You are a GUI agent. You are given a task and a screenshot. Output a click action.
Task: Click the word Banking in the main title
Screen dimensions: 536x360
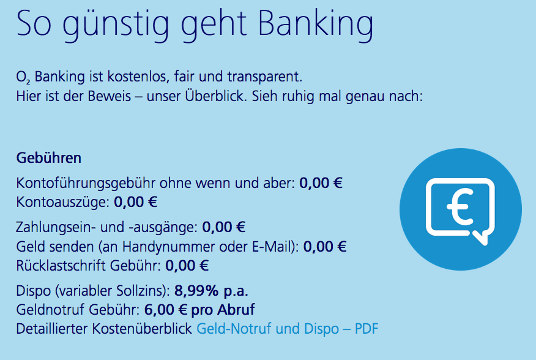[x=316, y=24]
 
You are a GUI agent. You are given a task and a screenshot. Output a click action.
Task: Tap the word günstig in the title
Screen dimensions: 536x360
[x=116, y=24]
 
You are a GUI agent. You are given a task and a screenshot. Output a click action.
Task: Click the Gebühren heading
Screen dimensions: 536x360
[x=49, y=158]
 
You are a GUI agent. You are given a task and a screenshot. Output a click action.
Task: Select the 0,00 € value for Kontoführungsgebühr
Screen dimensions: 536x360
[x=321, y=183]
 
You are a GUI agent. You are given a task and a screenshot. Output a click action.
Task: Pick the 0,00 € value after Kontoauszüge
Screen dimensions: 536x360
[x=135, y=202]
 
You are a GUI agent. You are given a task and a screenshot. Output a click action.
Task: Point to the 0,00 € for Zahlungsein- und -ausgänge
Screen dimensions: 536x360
[x=223, y=227]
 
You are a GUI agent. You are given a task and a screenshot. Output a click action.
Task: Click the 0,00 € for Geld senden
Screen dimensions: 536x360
[x=325, y=247]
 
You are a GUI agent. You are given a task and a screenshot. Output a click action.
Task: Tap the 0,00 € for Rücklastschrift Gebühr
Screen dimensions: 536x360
[x=187, y=266]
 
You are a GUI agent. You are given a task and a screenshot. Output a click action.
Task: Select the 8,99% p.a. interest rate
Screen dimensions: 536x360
[x=211, y=291]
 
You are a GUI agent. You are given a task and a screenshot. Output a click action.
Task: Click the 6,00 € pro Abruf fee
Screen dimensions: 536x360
[x=199, y=310]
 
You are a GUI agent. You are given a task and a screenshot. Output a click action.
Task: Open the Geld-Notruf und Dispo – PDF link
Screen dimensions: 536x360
[x=288, y=329]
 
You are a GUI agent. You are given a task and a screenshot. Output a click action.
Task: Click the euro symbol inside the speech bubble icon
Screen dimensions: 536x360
[x=460, y=207]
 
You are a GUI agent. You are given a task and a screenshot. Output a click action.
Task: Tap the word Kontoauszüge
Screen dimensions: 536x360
[x=62, y=202]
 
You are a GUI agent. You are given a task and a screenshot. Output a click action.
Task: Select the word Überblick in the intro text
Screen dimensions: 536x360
[x=215, y=96]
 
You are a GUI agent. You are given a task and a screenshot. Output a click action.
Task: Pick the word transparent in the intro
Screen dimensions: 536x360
[x=265, y=77]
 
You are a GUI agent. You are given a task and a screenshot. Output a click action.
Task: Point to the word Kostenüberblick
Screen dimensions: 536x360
[x=142, y=329]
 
